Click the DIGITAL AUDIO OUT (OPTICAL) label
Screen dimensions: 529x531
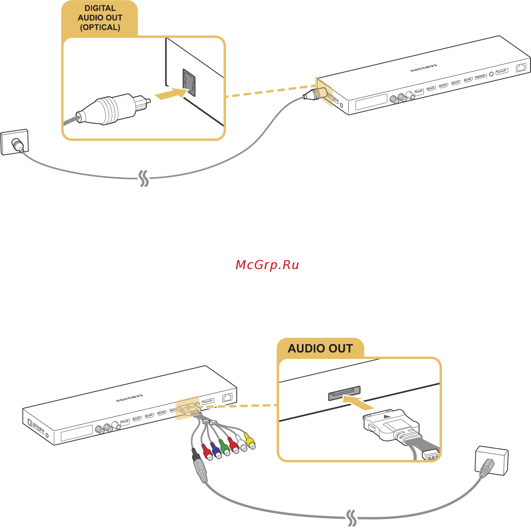click(100, 18)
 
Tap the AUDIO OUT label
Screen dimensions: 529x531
click(320, 348)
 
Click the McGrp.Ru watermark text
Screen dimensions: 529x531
click(267, 265)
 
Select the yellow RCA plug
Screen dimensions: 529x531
click(250, 441)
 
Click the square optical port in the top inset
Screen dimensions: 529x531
click(189, 82)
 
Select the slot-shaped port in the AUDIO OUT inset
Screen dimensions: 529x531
click(344, 393)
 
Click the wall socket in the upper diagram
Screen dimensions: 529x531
click(15, 142)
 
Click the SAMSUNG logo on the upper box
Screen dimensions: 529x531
click(424, 68)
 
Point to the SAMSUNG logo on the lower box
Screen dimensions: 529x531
click(129, 398)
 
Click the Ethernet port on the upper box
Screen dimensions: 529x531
click(521, 67)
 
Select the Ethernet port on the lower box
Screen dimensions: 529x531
click(227, 397)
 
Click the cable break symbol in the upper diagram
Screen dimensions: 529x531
click(144, 178)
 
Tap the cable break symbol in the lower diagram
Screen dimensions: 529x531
click(352, 517)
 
